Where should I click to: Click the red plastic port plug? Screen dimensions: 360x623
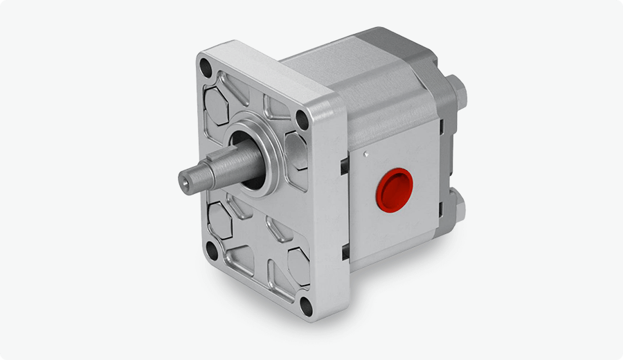pyautogui.click(x=395, y=187)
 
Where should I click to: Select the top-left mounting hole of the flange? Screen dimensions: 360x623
pyautogui.click(x=206, y=68)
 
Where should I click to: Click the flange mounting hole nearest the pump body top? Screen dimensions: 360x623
pyautogui.click(x=302, y=119)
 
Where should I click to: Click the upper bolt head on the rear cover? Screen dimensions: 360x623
pyautogui.click(x=457, y=91)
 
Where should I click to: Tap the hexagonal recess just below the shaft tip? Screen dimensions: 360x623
pyautogui.click(x=220, y=220)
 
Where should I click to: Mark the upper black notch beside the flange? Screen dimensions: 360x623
pyautogui.click(x=343, y=166)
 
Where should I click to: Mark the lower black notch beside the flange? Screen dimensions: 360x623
pyautogui.click(x=344, y=251)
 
